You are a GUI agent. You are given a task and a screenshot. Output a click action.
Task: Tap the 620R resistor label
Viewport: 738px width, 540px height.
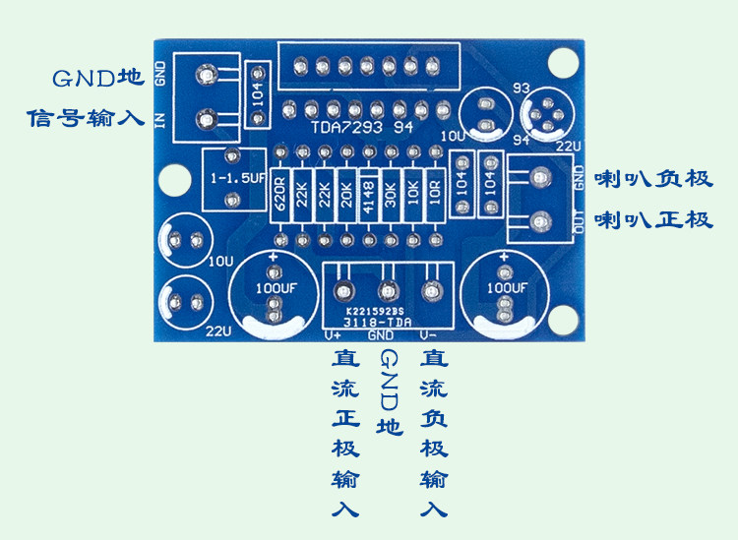(280, 194)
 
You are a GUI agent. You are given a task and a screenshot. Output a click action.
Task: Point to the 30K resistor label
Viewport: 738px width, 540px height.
(391, 195)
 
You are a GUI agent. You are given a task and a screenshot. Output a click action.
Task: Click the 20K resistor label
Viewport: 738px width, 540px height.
(347, 195)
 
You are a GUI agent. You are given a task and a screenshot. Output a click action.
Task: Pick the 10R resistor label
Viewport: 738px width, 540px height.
(435, 193)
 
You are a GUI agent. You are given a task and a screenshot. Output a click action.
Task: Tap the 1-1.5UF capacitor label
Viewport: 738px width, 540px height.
(238, 178)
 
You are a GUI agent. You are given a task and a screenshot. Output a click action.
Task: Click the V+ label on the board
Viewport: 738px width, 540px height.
(333, 335)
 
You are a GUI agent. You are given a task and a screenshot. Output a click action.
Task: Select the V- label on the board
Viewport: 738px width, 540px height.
(428, 335)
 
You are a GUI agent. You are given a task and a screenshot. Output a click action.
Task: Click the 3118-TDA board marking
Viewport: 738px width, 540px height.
(378, 323)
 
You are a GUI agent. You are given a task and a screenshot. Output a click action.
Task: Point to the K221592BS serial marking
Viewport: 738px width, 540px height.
(375, 312)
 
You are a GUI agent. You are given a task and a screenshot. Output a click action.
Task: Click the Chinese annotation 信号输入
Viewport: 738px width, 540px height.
(86, 118)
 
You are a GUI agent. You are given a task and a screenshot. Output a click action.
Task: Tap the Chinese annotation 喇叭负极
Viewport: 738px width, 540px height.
(653, 179)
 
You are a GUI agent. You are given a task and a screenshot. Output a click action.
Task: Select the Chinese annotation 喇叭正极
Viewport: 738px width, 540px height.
(653, 219)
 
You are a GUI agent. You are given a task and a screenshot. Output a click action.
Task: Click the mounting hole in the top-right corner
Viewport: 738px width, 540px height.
(563, 64)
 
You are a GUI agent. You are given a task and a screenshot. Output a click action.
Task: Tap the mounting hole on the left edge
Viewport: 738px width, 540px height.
(175, 179)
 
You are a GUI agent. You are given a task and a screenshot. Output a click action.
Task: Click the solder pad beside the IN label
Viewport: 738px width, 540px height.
(207, 120)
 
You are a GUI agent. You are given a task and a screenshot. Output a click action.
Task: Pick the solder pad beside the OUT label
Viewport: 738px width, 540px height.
(541, 220)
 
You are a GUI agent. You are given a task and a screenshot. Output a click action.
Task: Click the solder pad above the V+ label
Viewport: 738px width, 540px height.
(343, 291)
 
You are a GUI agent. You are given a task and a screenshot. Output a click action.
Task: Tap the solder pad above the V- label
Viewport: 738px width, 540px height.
(430, 291)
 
